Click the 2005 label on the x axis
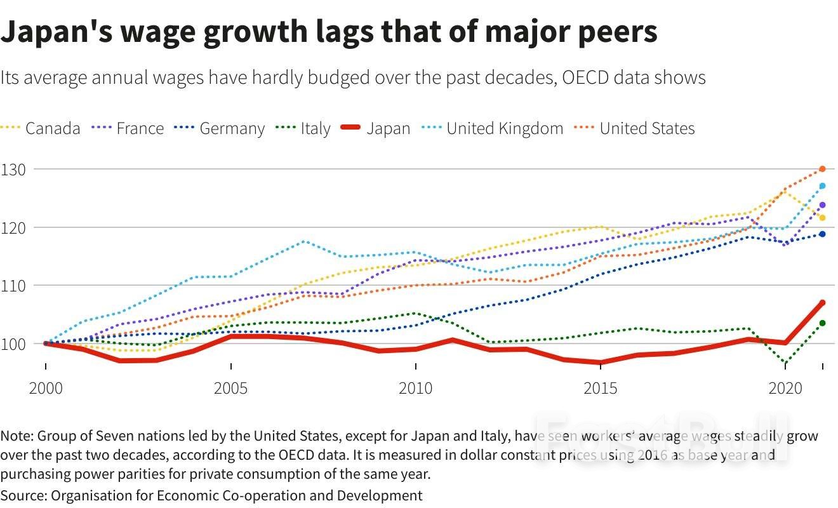point(231,387)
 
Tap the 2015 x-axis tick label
point(600,387)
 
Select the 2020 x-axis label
point(785,387)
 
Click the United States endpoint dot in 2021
point(822,169)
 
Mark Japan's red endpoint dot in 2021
point(822,303)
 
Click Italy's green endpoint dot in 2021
point(822,323)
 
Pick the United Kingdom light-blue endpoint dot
point(822,186)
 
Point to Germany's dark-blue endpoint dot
point(822,234)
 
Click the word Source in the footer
point(21,495)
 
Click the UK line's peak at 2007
point(305,241)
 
